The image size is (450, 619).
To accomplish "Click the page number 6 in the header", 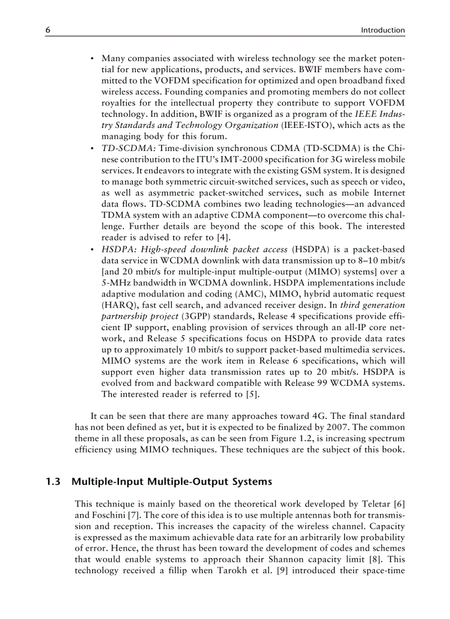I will tap(48, 30).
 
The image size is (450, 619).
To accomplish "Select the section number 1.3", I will tap(52, 482).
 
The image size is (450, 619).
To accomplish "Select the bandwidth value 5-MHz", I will tap(117, 282).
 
